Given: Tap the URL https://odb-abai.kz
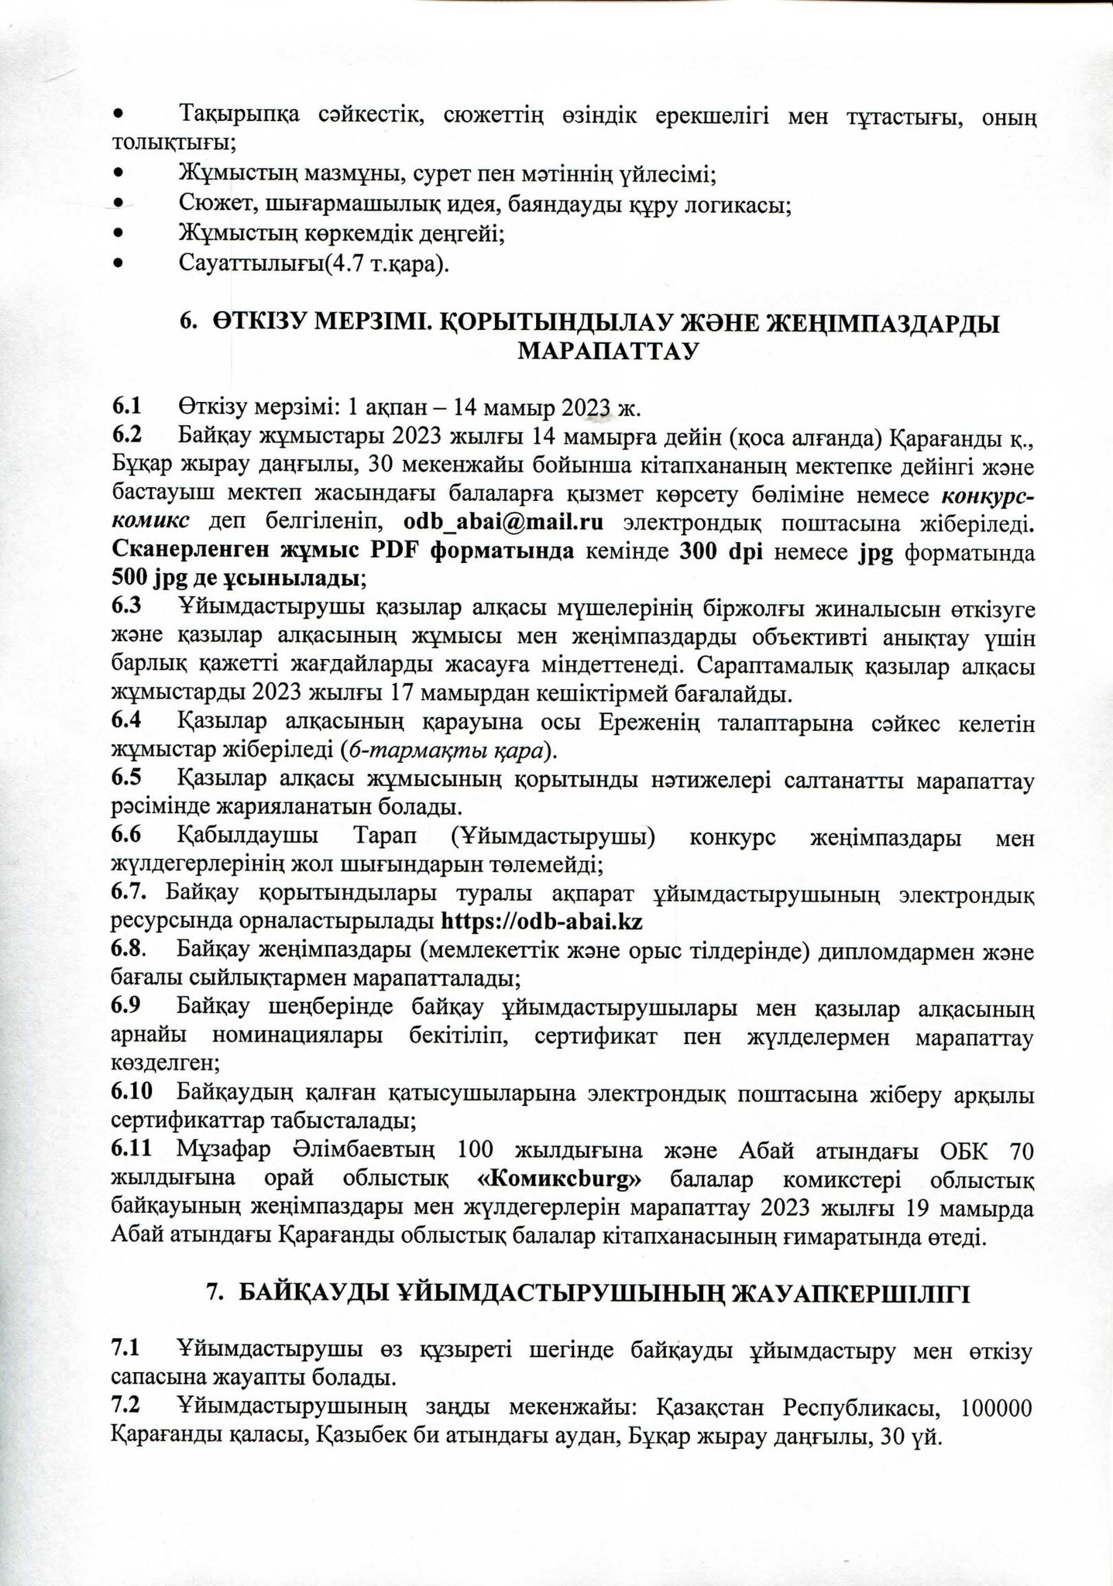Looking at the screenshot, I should click(542, 922).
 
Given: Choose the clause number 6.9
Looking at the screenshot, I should click(126, 1007).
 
